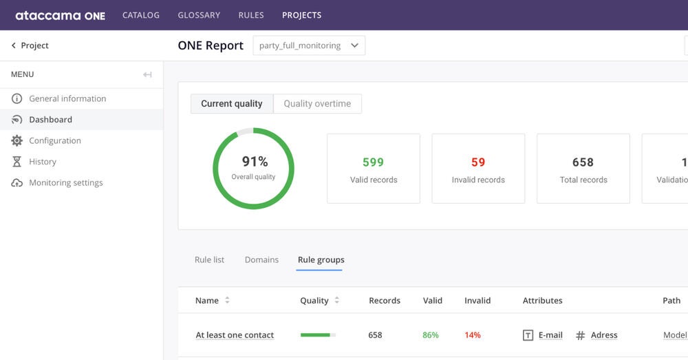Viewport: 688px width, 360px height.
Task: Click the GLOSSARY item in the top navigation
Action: pyautogui.click(x=199, y=15)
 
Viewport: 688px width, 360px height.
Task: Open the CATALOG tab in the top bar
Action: pyautogui.click(x=141, y=15)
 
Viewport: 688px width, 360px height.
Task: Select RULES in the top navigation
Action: pyautogui.click(x=251, y=15)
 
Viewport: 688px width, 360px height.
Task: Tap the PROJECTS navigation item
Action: pyautogui.click(x=301, y=15)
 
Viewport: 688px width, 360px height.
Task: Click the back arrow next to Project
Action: pyautogui.click(x=13, y=45)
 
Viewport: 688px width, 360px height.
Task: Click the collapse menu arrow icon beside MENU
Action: pyautogui.click(x=147, y=74)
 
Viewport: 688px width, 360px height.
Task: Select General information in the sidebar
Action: pyautogui.click(x=67, y=98)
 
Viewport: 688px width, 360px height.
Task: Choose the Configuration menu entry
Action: pyautogui.click(x=55, y=140)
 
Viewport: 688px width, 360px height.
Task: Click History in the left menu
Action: pyautogui.click(x=43, y=162)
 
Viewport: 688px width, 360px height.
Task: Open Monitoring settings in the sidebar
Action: pyautogui.click(x=66, y=183)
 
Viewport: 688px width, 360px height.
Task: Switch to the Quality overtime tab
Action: pyautogui.click(x=317, y=104)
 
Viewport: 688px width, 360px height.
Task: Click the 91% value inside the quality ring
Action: pyautogui.click(x=255, y=162)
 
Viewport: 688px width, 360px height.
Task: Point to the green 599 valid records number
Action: pyautogui.click(x=373, y=162)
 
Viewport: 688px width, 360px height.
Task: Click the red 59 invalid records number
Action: pyautogui.click(x=478, y=162)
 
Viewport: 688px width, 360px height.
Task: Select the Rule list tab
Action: pyautogui.click(x=209, y=260)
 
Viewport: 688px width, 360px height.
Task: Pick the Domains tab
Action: pyautogui.click(x=261, y=260)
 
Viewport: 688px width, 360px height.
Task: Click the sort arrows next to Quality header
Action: pyautogui.click(x=336, y=301)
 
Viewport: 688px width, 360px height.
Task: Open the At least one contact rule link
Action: pyautogui.click(x=235, y=335)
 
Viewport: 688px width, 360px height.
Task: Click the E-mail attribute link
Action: pyautogui.click(x=550, y=335)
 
